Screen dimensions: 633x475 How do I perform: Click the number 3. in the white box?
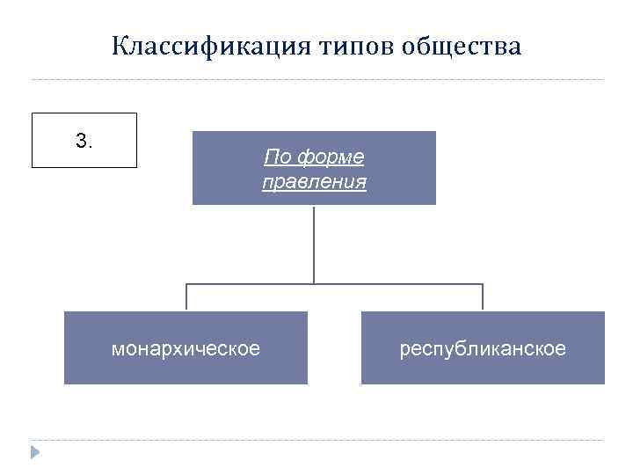coord(84,141)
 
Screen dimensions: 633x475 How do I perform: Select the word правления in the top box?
coord(314,183)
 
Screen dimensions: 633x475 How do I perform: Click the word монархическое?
coord(186,349)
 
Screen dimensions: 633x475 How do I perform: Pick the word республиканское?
coord(483,349)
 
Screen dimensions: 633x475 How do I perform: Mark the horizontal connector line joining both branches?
coord(396,283)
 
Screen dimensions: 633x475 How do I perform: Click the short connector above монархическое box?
coord(186,297)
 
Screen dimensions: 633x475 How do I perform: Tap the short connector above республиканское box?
coord(483,297)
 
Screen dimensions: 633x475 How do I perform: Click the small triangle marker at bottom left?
coord(35,452)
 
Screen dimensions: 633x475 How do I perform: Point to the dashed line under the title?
coord(316,80)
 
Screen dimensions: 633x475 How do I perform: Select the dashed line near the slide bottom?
coord(316,440)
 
